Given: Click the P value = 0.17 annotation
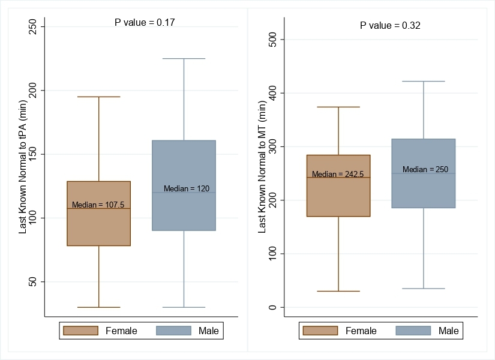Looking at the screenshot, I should click(145, 22).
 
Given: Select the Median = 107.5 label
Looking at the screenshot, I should click(98, 205).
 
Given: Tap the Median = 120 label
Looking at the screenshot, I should click(187, 188).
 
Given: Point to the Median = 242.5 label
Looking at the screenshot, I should click(338, 174).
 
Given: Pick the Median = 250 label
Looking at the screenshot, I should click(425, 169).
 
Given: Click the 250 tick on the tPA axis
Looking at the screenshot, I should click(32, 27).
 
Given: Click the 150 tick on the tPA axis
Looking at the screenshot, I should click(32, 154).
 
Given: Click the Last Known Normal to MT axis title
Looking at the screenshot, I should click(262, 167).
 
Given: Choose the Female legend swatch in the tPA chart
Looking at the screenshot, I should click(80, 331).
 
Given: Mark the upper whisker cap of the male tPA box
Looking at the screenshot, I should click(184, 59).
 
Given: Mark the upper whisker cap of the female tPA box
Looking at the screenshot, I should click(98, 97).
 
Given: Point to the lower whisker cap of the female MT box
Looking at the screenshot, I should click(338, 291).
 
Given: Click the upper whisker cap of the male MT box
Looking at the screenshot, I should click(424, 81).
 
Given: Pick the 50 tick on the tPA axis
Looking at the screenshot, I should click(32, 281).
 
